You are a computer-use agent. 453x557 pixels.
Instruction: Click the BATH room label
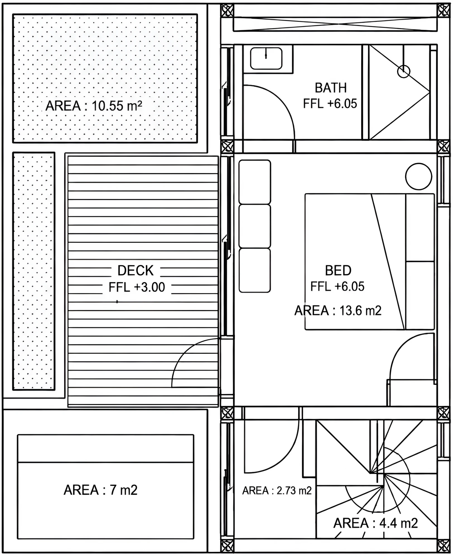pyautogui.click(x=331, y=88)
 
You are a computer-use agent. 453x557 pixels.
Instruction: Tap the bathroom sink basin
pyautogui.click(x=266, y=58)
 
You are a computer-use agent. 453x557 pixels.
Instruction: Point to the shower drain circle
pyautogui.click(x=404, y=71)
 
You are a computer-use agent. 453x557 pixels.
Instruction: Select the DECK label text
pyautogui.click(x=136, y=270)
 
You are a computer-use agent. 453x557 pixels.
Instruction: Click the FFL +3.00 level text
pyautogui.click(x=137, y=287)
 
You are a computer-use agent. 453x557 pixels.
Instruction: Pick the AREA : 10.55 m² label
pyautogui.click(x=94, y=106)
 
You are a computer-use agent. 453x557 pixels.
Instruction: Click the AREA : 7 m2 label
pyautogui.click(x=101, y=490)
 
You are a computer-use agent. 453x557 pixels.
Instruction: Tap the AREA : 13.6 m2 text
pyautogui.click(x=338, y=311)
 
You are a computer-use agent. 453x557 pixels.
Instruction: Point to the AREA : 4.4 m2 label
pyautogui.click(x=375, y=523)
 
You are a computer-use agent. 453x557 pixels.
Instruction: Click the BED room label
pyautogui.click(x=338, y=270)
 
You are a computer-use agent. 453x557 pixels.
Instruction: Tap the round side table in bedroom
pyautogui.click(x=418, y=177)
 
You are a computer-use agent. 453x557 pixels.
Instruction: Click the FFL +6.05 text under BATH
pyautogui.click(x=330, y=104)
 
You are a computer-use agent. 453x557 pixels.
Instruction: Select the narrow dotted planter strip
pyautogui.click(x=34, y=271)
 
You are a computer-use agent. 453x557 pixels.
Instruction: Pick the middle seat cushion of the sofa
pyautogui.click(x=255, y=226)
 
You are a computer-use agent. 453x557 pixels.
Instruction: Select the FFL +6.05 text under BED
pyautogui.click(x=338, y=287)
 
